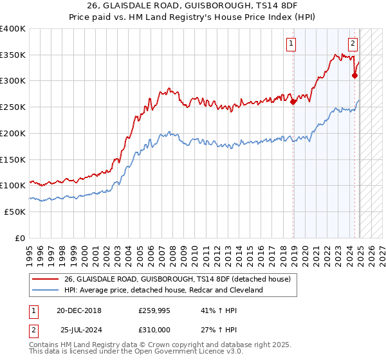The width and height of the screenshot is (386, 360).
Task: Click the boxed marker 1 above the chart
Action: [291, 44]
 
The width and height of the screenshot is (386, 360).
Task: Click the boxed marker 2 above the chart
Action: [353, 44]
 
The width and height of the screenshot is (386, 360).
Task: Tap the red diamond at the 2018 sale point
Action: [293, 101]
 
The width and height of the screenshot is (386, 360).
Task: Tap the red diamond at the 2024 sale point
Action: [354, 75]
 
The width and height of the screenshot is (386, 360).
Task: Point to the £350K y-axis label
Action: [13, 55]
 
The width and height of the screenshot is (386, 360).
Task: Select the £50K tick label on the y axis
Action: [15, 212]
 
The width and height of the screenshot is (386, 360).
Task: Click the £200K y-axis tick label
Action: [13, 133]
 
